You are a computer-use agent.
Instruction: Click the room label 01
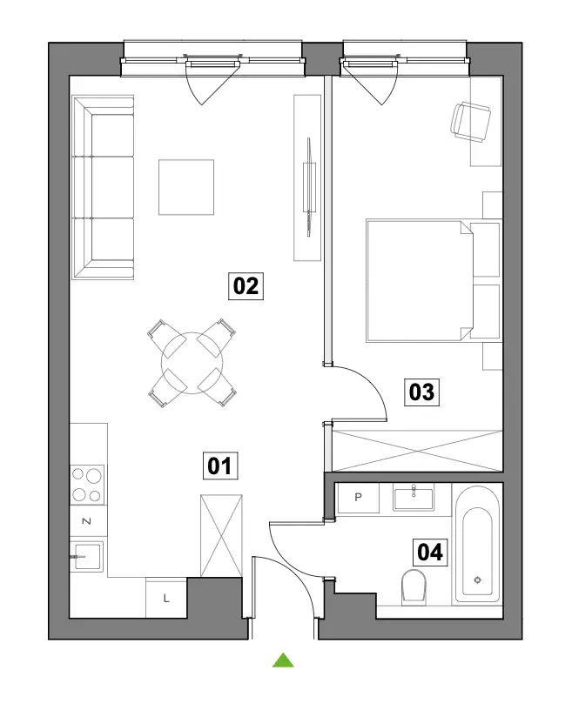[x=220, y=466]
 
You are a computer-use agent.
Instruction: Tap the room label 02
[x=246, y=286]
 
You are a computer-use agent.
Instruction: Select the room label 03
[x=421, y=392]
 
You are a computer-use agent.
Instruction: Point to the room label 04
[x=430, y=552]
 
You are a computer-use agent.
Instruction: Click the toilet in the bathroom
[x=414, y=587]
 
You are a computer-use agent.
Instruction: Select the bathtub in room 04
[x=477, y=545]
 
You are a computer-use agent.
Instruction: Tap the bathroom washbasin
[x=414, y=499]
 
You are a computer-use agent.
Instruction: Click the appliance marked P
[x=358, y=498]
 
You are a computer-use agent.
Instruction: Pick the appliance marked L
[x=166, y=598]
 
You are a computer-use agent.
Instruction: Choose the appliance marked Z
[x=88, y=521]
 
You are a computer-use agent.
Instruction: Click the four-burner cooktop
[x=87, y=485]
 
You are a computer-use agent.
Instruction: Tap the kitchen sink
[x=87, y=556]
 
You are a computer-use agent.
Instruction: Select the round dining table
[x=192, y=363]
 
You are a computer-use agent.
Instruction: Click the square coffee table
[x=186, y=187]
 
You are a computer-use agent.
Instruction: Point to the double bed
[x=434, y=281]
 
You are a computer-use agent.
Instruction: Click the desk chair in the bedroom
[x=470, y=122]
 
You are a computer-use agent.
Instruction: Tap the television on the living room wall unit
[x=309, y=187]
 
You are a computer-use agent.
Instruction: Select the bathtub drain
[x=478, y=580]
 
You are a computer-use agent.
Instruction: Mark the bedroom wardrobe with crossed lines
[x=417, y=451]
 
